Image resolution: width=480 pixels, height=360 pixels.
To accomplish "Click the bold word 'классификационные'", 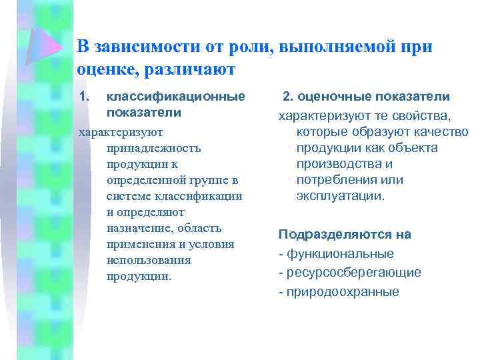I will click(175, 97).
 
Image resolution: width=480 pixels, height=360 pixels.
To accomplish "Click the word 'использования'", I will click(148, 260).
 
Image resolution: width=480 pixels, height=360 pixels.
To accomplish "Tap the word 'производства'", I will click(344, 164).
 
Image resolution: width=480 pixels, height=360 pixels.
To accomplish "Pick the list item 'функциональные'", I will click(340, 253).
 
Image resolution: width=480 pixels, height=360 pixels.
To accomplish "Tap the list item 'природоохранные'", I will click(343, 291).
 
